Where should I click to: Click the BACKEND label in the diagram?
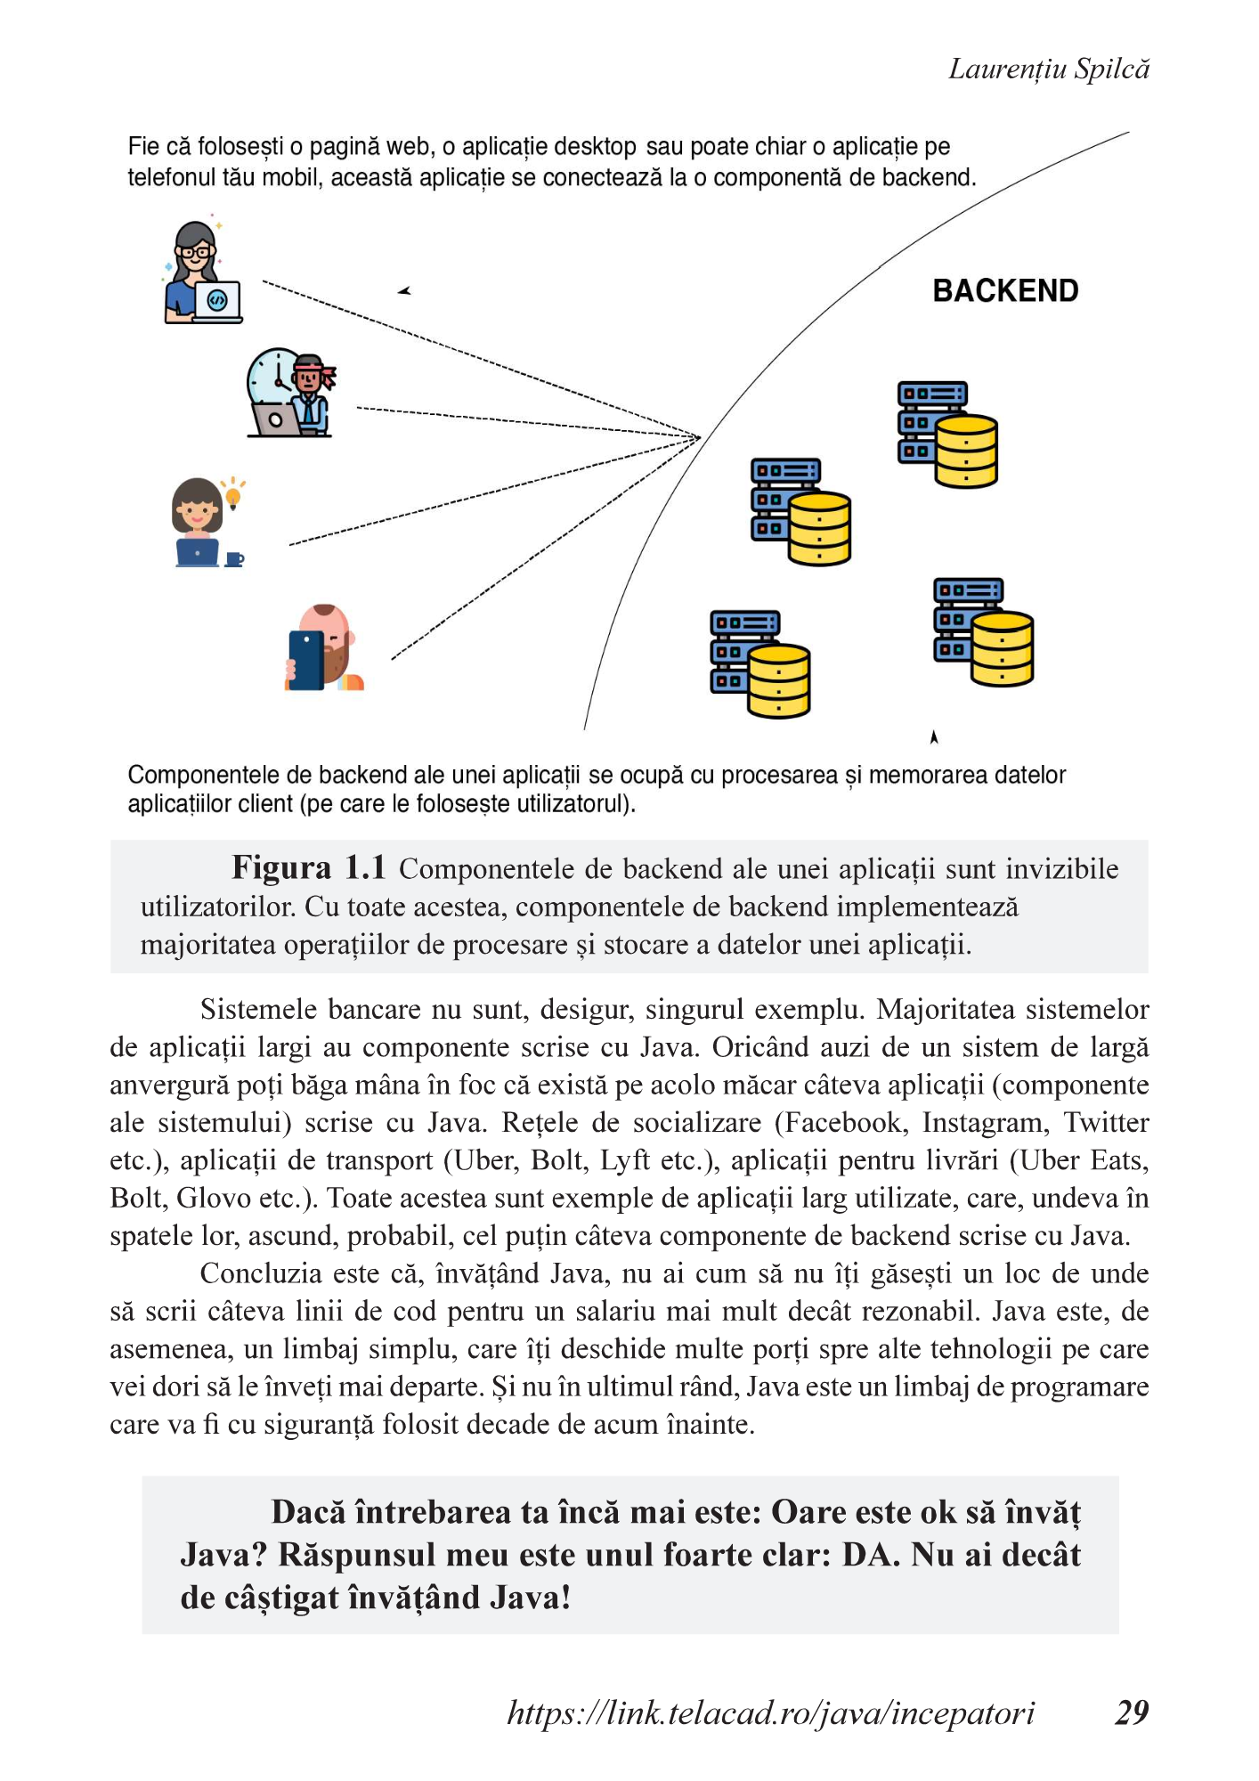tap(1005, 291)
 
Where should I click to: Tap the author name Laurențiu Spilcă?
tap(1048, 69)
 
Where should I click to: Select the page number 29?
tap(1132, 1712)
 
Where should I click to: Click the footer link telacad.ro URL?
tap(770, 1712)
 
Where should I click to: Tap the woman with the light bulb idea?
tap(198, 521)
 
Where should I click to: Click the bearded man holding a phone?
tap(325, 647)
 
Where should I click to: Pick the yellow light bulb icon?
tap(233, 492)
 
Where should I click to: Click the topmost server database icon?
tap(946, 435)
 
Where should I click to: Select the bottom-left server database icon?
tap(759, 663)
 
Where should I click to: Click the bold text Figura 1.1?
tap(308, 867)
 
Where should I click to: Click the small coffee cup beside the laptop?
tap(234, 559)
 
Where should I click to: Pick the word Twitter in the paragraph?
tap(1106, 1122)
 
